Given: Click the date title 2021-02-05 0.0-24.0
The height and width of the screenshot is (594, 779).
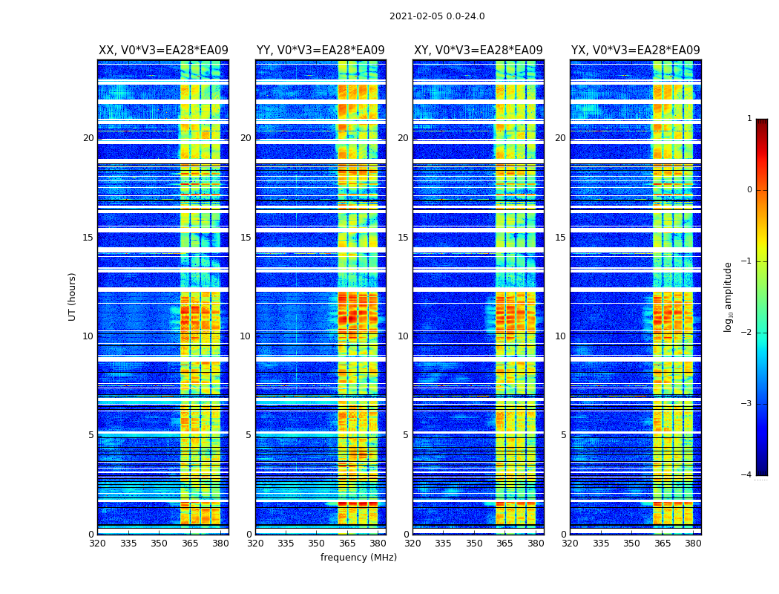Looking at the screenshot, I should click(x=437, y=16).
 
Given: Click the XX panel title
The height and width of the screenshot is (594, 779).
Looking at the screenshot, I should click(x=163, y=50).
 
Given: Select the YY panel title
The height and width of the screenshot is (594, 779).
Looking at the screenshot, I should click(x=321, y=50).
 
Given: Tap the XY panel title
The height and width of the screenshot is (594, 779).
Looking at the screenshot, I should click(x=478, y=50).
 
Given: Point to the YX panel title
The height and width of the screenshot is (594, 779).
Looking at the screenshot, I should click(x=635, y=50).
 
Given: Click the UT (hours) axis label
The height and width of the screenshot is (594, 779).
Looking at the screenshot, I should click(x=73, y=296).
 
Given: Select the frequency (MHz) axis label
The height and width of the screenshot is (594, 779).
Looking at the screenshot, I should click(x=358, y=558).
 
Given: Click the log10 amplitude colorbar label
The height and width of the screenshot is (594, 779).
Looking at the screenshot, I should click(x=729, y=296).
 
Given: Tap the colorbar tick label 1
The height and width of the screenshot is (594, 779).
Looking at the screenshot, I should click(x=749, y=119).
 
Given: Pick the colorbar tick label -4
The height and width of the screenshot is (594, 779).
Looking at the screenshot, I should click(x=747, y=475).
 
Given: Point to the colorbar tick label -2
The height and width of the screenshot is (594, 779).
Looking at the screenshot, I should click(x=747, y=333).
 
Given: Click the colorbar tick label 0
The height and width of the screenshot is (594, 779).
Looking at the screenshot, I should click(x=749, y=190).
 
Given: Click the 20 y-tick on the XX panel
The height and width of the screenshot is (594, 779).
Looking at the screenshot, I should click(x=88, y=138).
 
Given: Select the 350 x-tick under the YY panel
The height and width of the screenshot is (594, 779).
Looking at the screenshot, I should click(x=317, y=544).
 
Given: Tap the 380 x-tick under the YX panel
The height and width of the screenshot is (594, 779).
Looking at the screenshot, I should click(x=693, y=544).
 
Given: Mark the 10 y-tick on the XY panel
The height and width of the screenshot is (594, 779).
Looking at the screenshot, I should click(x=403, y=336).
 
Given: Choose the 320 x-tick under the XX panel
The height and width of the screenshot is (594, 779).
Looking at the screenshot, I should click(x=98, y=544).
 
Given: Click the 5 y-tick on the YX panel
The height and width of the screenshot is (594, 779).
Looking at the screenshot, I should click(x=563, y=435).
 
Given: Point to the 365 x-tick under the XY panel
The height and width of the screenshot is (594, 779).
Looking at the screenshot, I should click(x=504, y=544).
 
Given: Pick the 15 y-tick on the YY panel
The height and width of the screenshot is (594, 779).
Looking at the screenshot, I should click(x=246, y=238).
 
